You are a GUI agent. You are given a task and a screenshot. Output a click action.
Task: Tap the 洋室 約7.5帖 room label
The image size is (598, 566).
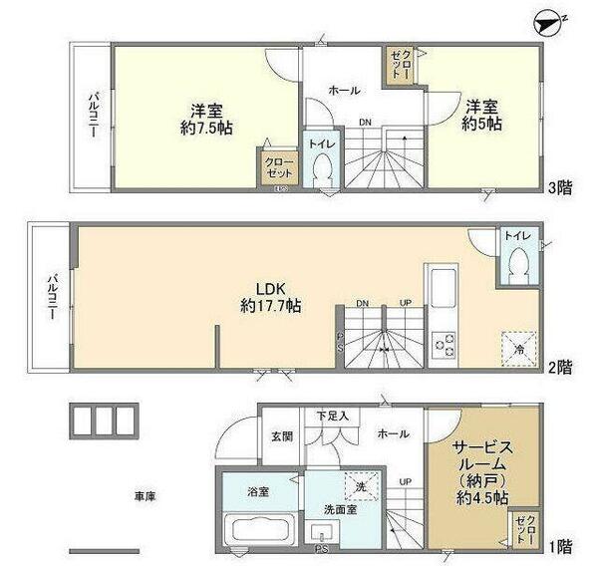pos(207,118)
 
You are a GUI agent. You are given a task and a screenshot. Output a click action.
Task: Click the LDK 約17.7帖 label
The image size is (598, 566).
pos(271,296)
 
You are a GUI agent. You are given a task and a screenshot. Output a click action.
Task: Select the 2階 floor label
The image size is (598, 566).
pos(558,367)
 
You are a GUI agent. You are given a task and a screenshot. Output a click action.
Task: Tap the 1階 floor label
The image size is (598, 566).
pos(558,545)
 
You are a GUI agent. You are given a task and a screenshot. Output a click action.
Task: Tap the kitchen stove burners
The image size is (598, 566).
pos(443,346)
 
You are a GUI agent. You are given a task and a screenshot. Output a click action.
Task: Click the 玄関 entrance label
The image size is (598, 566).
pos(281,435)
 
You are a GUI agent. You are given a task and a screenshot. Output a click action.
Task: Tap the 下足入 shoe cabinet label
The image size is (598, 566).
pos(333,416)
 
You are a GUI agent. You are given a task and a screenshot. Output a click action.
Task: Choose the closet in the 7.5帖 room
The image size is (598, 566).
pos(276,166)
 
